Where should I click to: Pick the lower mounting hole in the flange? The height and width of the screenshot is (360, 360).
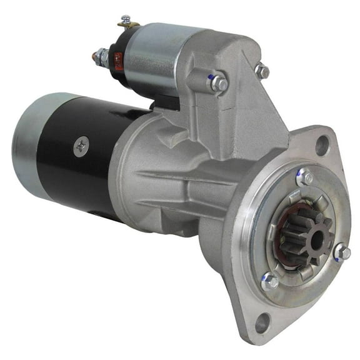[x=262, y=323]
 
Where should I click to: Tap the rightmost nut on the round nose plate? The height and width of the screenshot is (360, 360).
[x=342, y=252]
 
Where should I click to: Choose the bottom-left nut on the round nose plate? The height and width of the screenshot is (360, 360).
[x=269, y=282]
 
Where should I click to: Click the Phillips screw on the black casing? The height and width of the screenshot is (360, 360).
[x=80, y=147]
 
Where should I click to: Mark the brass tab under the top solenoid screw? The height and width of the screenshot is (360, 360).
[x=128, y=27]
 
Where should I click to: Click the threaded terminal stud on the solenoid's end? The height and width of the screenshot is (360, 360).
[x=99, y=57]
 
